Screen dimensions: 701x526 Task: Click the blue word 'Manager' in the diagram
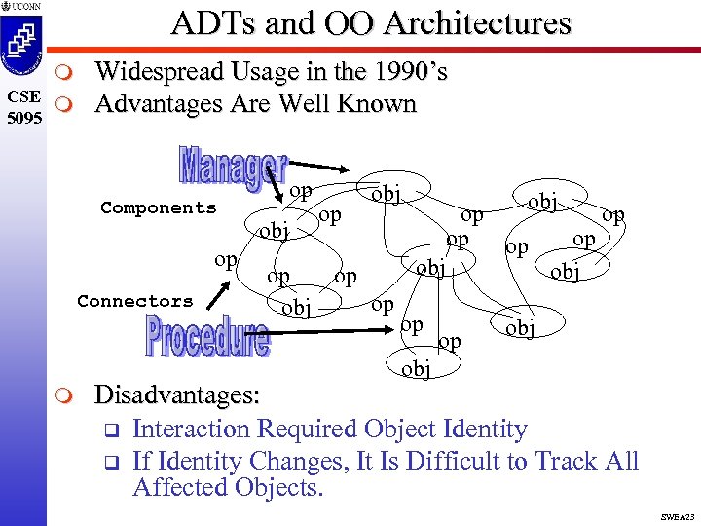click(x=233, y=167)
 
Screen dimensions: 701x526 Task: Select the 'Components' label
click(x=159, y=207)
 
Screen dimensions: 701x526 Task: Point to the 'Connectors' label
click(x=135, y=301)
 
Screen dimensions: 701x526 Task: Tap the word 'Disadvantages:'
click(x=176, y=394)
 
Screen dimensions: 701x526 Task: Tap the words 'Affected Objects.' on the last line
click(x=227, y=487)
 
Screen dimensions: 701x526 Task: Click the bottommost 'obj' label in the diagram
click(x=415, y=369)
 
